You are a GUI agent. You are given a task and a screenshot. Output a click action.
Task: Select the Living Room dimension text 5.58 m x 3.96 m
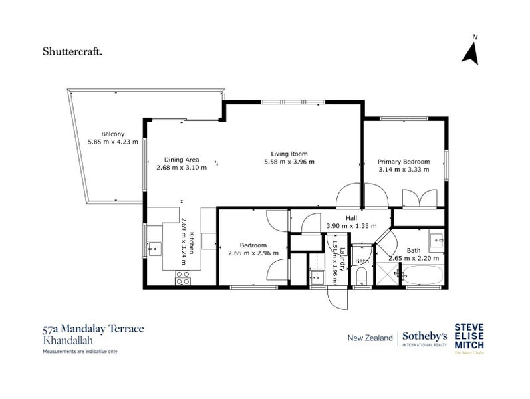[289, 162]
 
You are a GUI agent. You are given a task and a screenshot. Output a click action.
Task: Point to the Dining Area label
[182, 160]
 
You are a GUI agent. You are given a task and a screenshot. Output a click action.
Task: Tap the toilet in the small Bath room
[361, 280]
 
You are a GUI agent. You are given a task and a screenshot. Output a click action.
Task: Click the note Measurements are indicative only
[79, 351]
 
